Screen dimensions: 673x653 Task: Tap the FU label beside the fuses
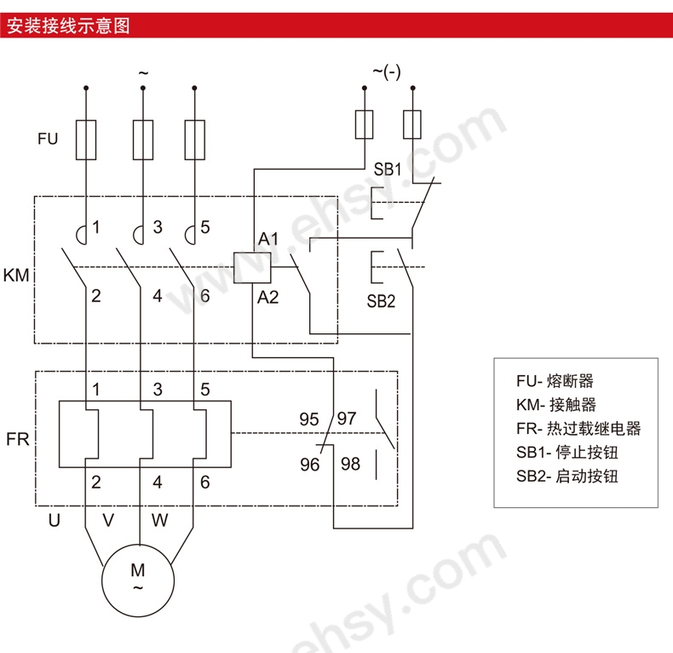click(x=48, y=139)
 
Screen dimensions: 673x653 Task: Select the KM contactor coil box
click(x=252, y=268)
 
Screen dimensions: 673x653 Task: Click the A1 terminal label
click(x=268, y=239)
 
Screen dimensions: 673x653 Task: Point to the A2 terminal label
click(x=268, y=297)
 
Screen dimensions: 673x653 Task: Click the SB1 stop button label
click(x=387, y=170)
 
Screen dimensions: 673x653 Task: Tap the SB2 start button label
click(x=381, y=301)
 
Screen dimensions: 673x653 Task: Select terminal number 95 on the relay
click(x=309, y=419)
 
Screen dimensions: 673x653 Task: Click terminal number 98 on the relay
click(x=351, y=464)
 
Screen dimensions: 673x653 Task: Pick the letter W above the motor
click(x=159, y=520)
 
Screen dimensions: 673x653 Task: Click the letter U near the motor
click(x=54, y=520)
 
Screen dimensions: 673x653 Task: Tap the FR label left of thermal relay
click(x=18, y=439)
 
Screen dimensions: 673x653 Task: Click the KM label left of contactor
click(x=16, y=275)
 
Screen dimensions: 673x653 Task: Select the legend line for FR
click(x=578, y=428)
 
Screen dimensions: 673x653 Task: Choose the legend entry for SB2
click(x=567, y=476)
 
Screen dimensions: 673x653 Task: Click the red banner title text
click(x=68, y=26)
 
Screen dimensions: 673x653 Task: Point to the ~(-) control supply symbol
click(x=387, y=72)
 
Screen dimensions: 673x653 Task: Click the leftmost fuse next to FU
click(x=86, y=140)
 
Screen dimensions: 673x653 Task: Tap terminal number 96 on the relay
click(x=310, y=465)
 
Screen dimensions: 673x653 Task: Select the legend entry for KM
click(x=555, y=404)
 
